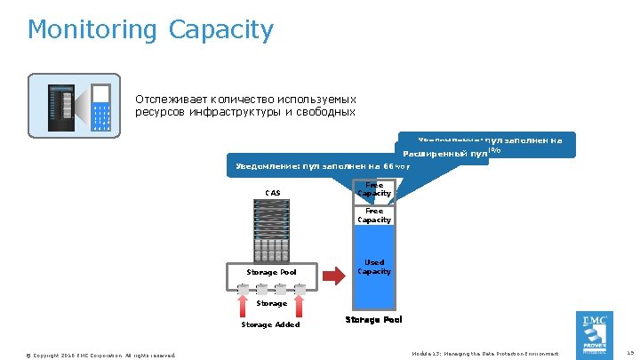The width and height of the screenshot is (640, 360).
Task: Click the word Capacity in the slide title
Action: [220, 30]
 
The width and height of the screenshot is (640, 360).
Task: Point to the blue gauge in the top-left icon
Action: [100, 107]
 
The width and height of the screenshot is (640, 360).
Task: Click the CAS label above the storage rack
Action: [272, 193]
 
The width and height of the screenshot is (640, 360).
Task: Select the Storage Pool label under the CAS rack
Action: [271, 272]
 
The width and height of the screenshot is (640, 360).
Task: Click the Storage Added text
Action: [270, 324]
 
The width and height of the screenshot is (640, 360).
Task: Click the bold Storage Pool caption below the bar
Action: [373, 319]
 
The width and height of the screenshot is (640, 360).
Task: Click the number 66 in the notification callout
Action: [389, 166]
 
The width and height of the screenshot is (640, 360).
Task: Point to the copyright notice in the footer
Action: [101, 355]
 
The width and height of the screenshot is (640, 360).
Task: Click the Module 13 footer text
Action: [487, 354]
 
